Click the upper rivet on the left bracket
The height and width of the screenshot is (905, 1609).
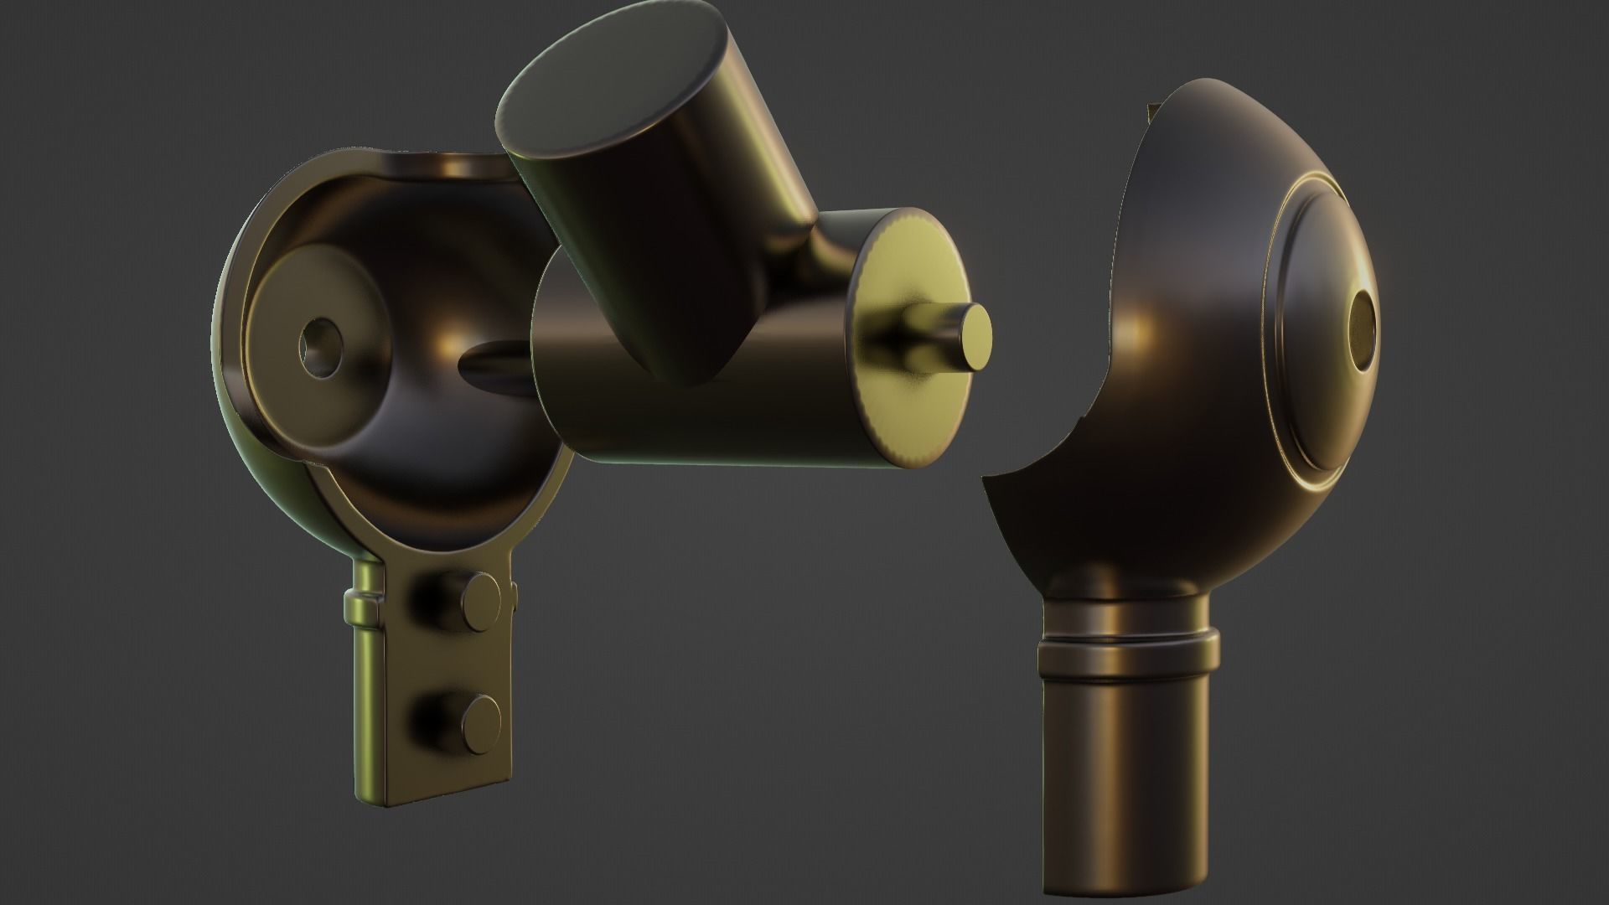pos(480,598)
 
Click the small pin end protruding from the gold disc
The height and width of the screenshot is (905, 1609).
pos(975,335)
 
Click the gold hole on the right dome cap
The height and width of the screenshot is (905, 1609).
pos(1363,332)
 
